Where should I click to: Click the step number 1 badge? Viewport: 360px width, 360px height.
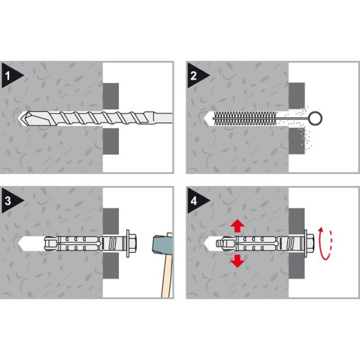point(11,76)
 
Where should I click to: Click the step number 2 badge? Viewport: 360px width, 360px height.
point(196,76)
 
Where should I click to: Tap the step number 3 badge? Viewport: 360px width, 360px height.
point(11,201)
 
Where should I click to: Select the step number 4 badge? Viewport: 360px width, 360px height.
point(196,201)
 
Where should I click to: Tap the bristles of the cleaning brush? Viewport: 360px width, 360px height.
point(245,118)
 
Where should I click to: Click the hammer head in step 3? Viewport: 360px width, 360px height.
point(163,244)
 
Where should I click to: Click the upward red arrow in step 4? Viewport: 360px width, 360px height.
point(238,225)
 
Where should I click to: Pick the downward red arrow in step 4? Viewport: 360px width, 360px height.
point(238,261)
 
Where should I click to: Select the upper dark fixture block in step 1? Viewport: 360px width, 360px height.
point(111,96)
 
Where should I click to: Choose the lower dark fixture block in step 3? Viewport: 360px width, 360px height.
point(111,266)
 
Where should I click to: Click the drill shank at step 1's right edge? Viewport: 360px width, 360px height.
point(162,118)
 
